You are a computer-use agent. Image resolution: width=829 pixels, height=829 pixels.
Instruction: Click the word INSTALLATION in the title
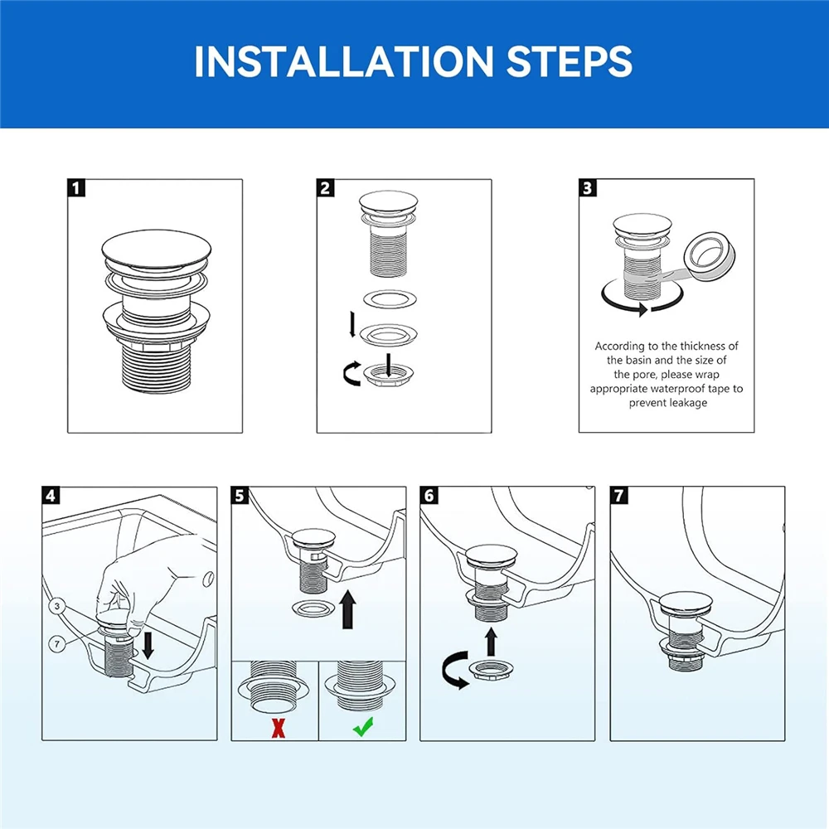pos(344,61)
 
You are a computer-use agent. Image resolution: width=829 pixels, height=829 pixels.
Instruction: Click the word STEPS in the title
pos(570,61)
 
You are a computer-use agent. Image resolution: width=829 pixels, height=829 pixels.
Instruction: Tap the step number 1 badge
pos(76,188)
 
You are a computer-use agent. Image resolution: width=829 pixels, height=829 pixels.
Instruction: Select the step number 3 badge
pos(588,187)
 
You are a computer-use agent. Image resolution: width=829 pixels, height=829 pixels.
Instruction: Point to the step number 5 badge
pos(240,496)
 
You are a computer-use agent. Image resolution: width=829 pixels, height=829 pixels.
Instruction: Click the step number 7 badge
pos(619,496)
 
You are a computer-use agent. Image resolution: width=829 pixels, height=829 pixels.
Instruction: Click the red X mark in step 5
pos(278,728)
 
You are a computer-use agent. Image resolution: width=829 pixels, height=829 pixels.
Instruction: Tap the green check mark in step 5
pos(363,727)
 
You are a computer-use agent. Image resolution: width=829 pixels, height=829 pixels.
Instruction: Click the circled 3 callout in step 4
pos(57,606)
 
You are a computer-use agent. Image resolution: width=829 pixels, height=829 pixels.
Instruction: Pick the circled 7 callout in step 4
pos(57,643)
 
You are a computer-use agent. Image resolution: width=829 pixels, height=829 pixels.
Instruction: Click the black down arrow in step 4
pos(148,645)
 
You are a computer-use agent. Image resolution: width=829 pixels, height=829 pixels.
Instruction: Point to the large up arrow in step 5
pos(347,609)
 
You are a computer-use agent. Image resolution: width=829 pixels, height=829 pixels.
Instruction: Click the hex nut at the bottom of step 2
pos(388,376)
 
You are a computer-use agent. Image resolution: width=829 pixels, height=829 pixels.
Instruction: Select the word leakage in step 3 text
pos(686,403)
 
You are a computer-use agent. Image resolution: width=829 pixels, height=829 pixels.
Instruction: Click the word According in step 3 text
pos(619,347)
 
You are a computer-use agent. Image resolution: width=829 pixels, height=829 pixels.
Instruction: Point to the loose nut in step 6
pos(492,670)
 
